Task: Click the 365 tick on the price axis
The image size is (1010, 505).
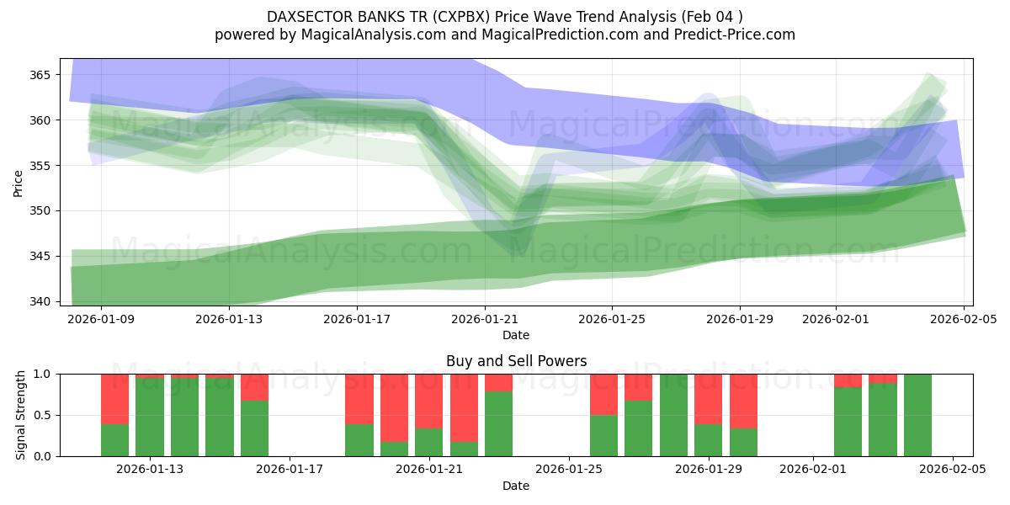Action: (x=40, y=75)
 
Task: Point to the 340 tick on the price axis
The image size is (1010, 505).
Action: (x=40, y=301)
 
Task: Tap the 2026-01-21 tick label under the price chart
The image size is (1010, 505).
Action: (x=485, y=320)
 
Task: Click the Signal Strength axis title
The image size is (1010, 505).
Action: (x=21, y=415)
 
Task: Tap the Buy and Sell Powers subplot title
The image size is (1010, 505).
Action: (x=516, y=361)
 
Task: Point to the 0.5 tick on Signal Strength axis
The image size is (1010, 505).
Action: (x=42, y=415)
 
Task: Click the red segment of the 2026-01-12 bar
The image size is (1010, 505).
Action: (x=114, y=398)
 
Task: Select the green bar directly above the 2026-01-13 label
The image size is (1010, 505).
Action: (x=150, y=417)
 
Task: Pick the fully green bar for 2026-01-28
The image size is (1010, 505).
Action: (x=673, y=415)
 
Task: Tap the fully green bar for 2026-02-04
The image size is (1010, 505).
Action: (x=917, y=415)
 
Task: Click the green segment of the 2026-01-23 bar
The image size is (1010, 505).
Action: (x=498, y=425)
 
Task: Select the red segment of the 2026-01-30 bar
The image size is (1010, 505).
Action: (x=743, y=401)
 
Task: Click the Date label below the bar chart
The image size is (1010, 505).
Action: (x=516, y=486)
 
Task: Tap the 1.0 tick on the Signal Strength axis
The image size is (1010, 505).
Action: (x=42, y=374)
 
